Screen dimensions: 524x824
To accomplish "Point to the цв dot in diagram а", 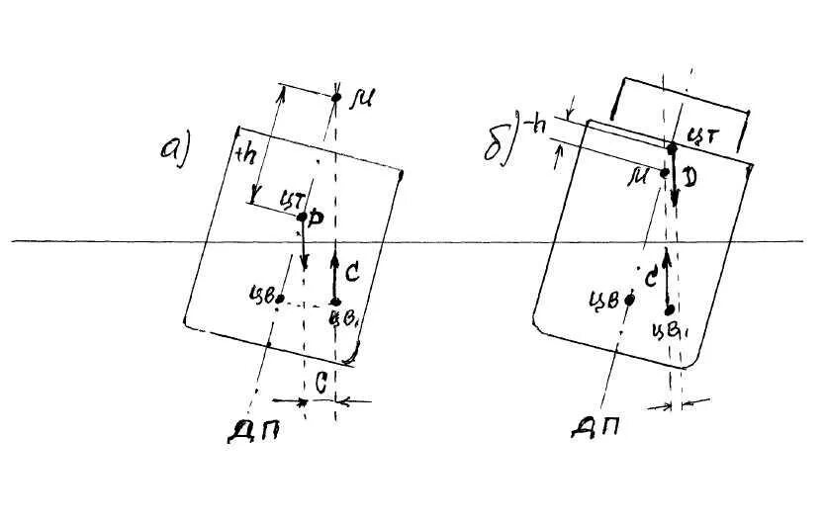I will pos(281,298).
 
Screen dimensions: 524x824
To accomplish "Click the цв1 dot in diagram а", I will pos(335,302).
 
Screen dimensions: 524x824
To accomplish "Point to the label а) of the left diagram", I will pos(174,148).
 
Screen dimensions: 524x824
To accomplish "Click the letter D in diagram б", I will pos(688,179).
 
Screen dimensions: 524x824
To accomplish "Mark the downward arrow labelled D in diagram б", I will pos(674,178).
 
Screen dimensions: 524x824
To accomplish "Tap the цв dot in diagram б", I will pos(629,299).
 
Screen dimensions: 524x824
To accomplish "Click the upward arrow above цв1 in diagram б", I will pos(668,277).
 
